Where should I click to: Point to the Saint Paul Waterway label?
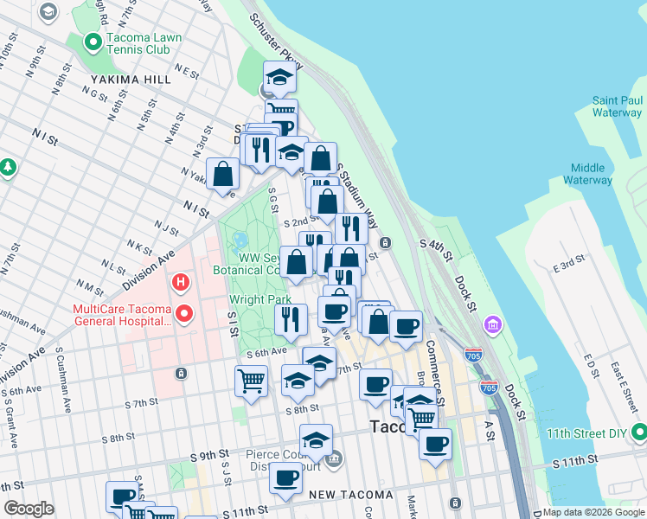[617, 106]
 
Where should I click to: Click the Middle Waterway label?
[587, 174]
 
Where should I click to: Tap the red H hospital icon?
[181, 282]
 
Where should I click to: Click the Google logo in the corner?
[29, 509]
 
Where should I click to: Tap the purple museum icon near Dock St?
[493, 325]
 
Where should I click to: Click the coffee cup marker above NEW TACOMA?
[286, 477]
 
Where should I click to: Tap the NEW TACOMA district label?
[345, 495]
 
